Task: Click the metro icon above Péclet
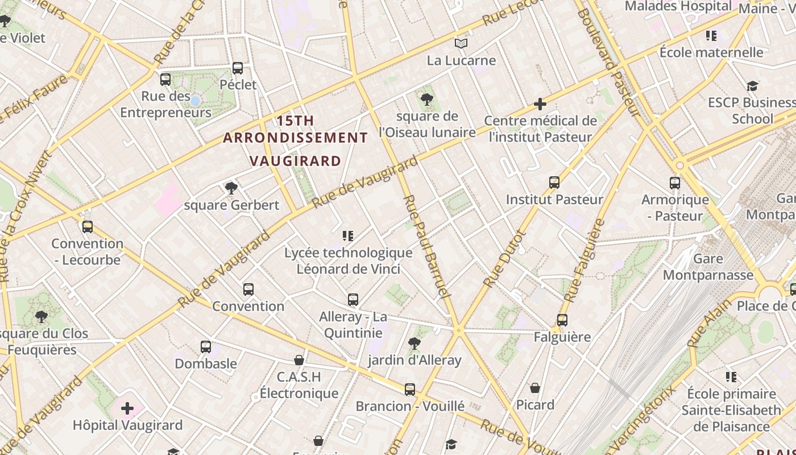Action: [x=238, y=68]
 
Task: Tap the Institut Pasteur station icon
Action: [x=554, y=183]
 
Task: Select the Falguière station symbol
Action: [x=562, y=320]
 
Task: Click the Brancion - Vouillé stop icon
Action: [x=410, y=390]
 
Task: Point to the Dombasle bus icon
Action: [x=206, y=346]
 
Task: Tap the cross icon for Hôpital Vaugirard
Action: [x=127, y=408]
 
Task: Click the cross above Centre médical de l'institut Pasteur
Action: [x=540, y=104]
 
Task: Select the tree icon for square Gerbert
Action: [x=231, y=188]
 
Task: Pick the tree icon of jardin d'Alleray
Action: [x=414, y=343]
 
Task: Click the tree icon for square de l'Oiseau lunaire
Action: [x=426, y=100]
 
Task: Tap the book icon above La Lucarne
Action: [x=461, y=43]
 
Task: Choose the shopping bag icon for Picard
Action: [x=535, y=388]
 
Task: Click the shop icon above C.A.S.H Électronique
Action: [x=299, y=360]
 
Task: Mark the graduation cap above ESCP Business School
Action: [x=752, y=86]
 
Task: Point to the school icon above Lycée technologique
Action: [x=348, y=235]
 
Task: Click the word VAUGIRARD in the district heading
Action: [x=296, y=161]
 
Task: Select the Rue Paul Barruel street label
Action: [x=426, y=247]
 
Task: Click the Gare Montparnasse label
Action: [x=708, y=267]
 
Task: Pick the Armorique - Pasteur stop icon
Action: [x=675, y=183]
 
